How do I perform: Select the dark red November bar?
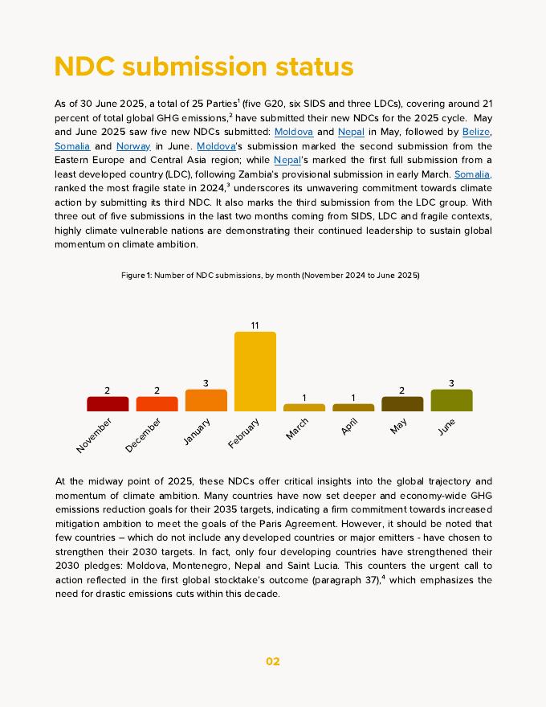[108, 404]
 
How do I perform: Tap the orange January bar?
[206, 400]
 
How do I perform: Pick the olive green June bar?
[451, 400]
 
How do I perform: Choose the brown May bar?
[402, 404]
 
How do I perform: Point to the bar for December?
[157, 404]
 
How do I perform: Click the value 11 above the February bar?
[255, 325]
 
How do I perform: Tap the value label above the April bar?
[353, 398]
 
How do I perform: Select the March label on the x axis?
[297, 429]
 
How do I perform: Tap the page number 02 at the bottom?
[273, 661]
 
